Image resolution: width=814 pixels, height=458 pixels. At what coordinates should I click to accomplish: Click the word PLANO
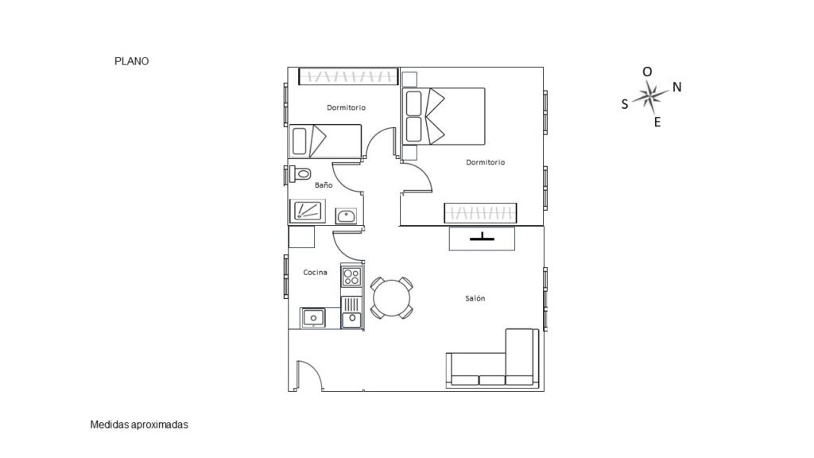(131, 61)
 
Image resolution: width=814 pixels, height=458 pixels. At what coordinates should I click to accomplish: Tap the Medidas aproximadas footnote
(139, 425)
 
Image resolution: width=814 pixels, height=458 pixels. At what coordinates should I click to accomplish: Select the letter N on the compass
(677, 87)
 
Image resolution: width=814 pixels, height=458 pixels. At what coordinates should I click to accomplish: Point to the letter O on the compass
(647, 72)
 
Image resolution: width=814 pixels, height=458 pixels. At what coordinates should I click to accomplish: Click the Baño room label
(324, 184)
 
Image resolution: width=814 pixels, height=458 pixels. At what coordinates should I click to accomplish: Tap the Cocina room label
(315, 272)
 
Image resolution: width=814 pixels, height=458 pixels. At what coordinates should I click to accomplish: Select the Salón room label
(475, 298)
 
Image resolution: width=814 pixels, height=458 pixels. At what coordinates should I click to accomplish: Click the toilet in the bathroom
(300, 173)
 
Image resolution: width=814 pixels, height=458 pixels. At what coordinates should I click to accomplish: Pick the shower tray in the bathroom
(308, 211)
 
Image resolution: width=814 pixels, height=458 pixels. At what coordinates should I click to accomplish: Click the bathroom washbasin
(346, 215)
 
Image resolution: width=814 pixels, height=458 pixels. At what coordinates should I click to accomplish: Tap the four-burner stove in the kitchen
(351, 276)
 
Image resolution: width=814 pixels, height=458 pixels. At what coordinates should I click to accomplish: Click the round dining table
(392, 298)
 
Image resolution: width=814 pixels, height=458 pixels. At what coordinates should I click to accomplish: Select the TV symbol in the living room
(482, 238)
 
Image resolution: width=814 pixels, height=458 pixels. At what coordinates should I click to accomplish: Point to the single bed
(325, 141)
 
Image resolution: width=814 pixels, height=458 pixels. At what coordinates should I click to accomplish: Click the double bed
(444, 116)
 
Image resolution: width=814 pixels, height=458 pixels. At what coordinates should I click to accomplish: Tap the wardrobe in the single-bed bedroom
(348, 76)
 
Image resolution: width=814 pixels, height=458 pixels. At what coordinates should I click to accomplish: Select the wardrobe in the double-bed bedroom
(480, 213)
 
